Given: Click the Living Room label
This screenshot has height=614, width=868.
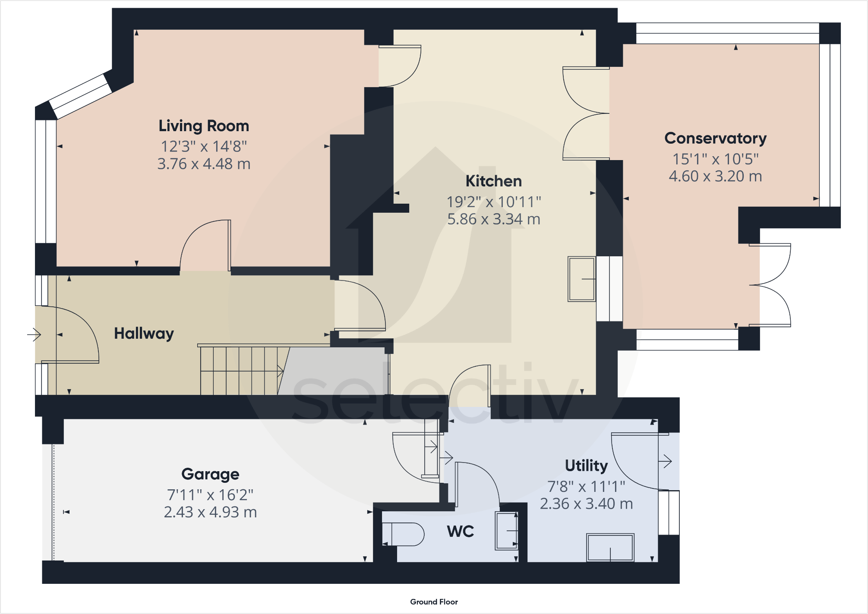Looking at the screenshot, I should tap(204, 126).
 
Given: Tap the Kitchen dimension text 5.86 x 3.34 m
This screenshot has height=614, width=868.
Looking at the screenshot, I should tap(493, 219).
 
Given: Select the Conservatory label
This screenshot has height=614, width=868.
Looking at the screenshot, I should tap(715, 139).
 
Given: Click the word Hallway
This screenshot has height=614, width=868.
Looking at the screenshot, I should tap(144, 334).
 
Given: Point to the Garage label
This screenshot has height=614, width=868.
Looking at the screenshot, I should tap(210, 474).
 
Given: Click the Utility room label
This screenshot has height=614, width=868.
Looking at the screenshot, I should tap(586, 466).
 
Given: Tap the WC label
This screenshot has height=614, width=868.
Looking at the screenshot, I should tap(460, 531).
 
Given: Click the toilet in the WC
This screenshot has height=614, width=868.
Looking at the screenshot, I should tap(403, 535).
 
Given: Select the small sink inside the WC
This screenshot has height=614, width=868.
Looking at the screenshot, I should tap(506, 531).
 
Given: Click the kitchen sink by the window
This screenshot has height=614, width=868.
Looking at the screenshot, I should tap(581, 279).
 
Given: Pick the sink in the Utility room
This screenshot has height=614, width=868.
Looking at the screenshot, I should tap(610, 548).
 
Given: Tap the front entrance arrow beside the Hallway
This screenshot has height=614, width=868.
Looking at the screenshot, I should tap(34, 334).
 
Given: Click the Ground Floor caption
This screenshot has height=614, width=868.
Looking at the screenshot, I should tap(434, 602).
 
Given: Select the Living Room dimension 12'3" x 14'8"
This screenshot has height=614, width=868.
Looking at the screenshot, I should tap(204, 147).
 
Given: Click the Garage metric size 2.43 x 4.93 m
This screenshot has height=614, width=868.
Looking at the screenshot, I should tap(210, 512).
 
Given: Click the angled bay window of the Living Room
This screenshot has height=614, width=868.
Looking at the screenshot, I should tap(80, 96).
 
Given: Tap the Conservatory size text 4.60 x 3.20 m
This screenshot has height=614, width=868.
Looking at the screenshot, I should tap(715, 176).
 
